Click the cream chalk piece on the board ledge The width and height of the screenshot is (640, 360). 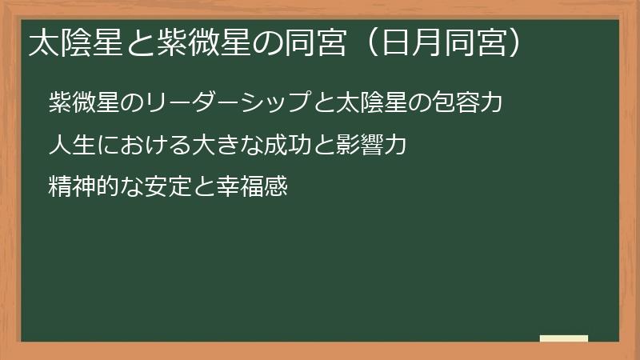[564, 338]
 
